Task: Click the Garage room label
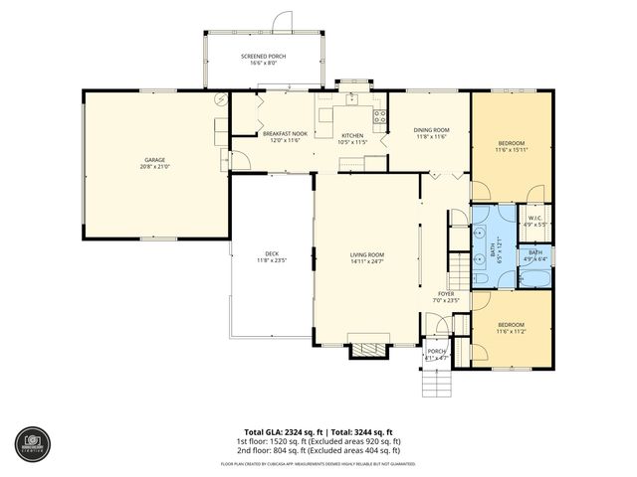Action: click(x=154, y=159)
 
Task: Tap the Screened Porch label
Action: click(x=263, y=57)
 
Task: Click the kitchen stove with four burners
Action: click(x=379, y=116)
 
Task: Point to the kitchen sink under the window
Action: click(x=351, y=97)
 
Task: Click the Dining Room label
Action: click(x=431, y=130)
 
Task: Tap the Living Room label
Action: click(x=366, y=255)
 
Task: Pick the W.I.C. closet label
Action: click(x=535, y=219)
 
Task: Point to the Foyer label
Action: click(x=445, y=294)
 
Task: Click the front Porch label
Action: click(x=436, y=351)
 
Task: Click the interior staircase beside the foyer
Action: click(x=457, y=266)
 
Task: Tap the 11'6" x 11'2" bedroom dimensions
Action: click(x=511, y=331)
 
